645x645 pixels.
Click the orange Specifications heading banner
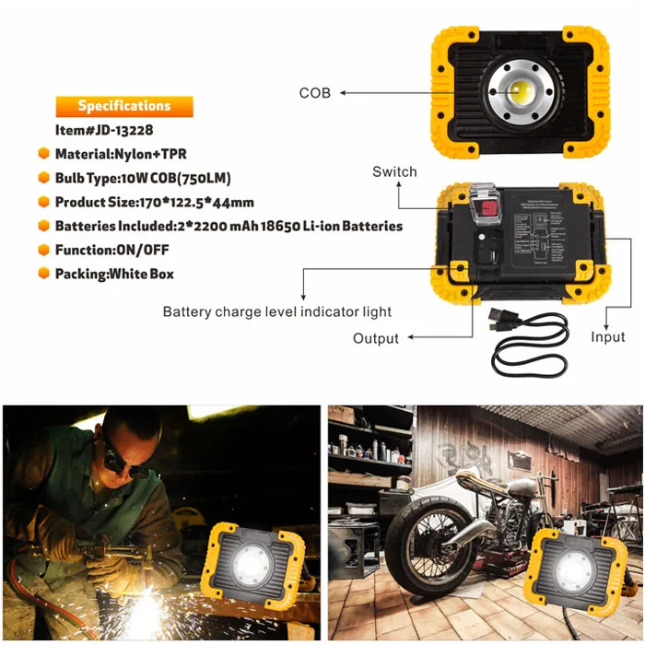click(x=124, y=106)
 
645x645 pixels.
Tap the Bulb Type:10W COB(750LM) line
click(x=143, y=178)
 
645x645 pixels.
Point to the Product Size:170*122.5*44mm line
click(x=155, y=202)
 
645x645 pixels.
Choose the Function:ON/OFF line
click(x=111, y=250)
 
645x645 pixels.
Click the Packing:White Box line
click(x=114, y=274)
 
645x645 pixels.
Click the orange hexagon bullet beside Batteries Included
click(x=43, y=226)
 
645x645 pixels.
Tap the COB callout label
click(x=314, y=93)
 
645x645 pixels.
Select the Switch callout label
click(x=394, y=172)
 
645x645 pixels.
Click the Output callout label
click(x=376, y=338)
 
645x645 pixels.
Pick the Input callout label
click(x=607, y=338)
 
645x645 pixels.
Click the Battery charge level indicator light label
click(x=277, y=311)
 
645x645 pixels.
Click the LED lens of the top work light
click(x=521, y=92)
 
